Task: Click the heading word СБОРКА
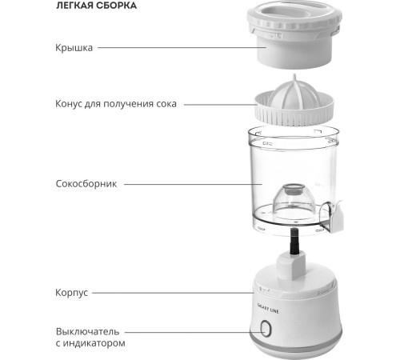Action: tap(116, 6)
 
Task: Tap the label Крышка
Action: tap(74, 48)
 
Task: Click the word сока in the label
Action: tap(166, 104)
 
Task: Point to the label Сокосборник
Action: tap(86, 184)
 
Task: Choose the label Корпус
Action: tap(71, 293)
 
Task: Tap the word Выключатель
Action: tap(87, 332)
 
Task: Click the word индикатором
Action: tap(94, 343)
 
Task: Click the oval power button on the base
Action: tap(266, 328)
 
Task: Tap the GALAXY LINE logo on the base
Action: tap(268, 308)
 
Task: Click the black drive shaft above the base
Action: tap(294, 242)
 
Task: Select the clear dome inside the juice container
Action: tap(293, 199)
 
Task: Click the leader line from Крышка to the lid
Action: tap(182, 48)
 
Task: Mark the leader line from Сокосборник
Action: tap(193, 184)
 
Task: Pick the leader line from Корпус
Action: tap(173, 293)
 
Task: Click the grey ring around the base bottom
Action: tap(295, 344)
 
